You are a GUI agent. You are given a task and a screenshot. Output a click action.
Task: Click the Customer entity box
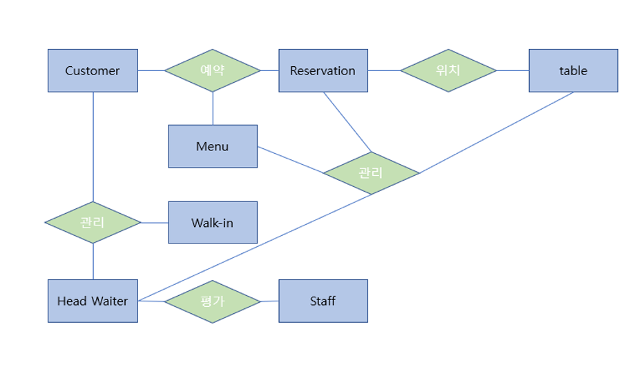point(93,70)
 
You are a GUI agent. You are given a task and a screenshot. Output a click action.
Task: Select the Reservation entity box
point(323,70)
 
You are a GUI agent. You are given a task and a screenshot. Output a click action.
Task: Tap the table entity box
point(573,70)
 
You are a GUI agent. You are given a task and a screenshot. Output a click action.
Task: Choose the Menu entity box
point(212,146)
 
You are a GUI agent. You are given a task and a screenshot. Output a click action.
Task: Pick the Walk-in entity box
point(212,222)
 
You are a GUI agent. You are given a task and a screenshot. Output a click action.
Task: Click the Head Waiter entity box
point(93,301)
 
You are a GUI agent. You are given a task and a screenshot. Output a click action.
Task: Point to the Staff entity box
point(323,301)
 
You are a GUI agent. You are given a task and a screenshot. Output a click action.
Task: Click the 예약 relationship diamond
point(212,70)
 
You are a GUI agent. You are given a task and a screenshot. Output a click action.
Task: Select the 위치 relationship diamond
point(448,70)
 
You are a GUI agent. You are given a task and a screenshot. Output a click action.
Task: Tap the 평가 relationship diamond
point(212,301)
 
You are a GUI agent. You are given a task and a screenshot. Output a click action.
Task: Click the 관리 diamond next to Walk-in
point(93,222)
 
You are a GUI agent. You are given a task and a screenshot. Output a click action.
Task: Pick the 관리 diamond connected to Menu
point(371,172)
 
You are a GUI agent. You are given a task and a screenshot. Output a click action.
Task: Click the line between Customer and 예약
point(151,70)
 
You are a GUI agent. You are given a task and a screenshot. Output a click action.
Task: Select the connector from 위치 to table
point(512,70)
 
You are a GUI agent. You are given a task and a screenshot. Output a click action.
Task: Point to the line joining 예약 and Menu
point(213,108)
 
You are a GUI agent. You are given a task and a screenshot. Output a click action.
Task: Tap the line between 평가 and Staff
point(269,301)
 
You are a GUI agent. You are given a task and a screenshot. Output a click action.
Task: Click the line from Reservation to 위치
point(384,70)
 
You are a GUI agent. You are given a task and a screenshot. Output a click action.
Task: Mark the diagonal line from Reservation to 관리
point(347,122)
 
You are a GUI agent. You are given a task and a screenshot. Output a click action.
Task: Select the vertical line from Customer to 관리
point(93,146)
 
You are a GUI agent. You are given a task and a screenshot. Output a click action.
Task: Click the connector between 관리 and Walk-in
point(155,222)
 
